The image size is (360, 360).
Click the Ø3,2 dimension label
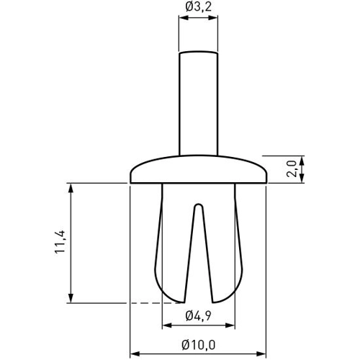[198, 8]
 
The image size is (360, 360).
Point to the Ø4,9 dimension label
[198, 315]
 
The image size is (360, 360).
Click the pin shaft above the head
[198, 108]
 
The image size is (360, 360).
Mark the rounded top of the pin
[198, 53]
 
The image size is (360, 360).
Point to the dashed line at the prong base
[148, 304]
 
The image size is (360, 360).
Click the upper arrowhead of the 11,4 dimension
[71, 187]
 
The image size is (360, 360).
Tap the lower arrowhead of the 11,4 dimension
[71, 300]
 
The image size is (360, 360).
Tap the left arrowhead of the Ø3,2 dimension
[182, 21]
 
